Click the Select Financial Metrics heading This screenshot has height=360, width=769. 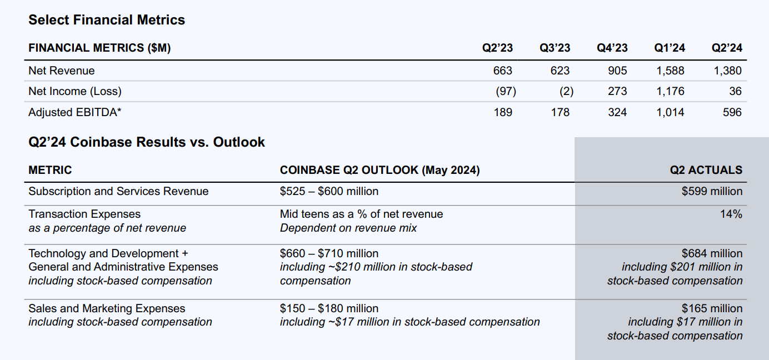107,20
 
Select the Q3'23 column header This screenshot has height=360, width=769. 555,48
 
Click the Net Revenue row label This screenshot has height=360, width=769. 62,71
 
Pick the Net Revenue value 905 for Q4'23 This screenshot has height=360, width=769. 617,71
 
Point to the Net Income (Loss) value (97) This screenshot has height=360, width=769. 506,91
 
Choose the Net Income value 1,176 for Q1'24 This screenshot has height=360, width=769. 670,91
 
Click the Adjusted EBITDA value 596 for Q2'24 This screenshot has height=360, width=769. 732,112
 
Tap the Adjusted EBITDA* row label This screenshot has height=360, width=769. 75,112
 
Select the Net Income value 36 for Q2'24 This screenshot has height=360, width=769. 735,91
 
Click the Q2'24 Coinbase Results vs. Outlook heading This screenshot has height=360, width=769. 147,142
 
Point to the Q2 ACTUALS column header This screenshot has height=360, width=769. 706,170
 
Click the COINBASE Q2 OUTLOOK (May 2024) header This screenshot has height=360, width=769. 379,170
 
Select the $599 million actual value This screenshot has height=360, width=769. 712,191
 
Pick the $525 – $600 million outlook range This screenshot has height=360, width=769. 329,191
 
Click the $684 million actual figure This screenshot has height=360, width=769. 712,253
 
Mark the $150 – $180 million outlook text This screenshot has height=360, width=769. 329,308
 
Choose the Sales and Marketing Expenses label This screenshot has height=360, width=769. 107,308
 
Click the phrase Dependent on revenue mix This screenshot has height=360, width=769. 348,228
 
